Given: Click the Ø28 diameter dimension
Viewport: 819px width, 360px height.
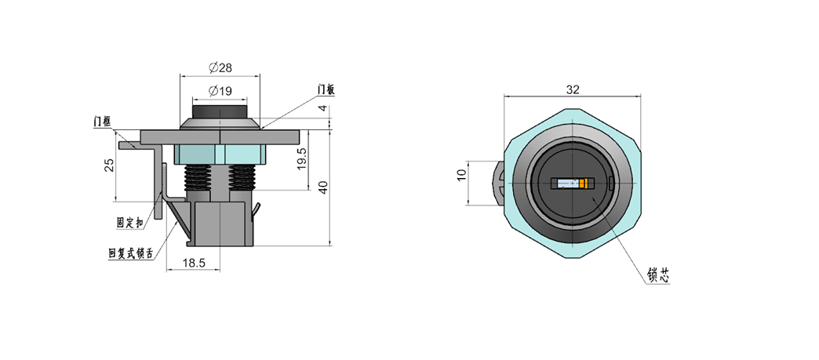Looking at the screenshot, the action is tap(220, 67).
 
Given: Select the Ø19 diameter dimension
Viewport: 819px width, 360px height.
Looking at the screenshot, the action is tap(220, 91).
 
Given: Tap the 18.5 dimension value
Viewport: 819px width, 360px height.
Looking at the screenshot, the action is tap(194, 263).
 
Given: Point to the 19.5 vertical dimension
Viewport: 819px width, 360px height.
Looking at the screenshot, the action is tap(300, 158).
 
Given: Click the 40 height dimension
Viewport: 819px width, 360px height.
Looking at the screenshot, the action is tap(323, 187).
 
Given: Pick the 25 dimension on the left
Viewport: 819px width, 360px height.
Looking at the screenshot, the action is tap(109, 165).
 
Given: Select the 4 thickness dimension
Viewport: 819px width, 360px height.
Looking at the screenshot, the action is tap(323, 108).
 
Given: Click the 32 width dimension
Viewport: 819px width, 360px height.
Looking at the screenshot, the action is tap(573, 89).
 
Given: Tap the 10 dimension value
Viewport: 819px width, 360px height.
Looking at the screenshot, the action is tap(461, 176).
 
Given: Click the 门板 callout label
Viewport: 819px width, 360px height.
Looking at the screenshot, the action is tap(326, 90).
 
